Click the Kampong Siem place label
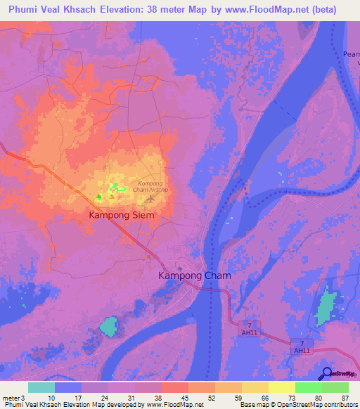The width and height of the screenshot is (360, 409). [x=120, y=216]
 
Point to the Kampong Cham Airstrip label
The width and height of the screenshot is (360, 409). [x=151, y=187]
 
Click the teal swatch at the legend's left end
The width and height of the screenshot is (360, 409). [x=41, y=387]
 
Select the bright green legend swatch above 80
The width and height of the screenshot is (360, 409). [x=308, y=387]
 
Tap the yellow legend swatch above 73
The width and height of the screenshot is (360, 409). [x=281, y=387]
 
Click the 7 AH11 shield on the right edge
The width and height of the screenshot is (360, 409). [x=302, y=346]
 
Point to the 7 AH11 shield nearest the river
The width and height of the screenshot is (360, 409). [x=249, y=328]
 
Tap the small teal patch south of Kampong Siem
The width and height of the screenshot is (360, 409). [x=108, y=325]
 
